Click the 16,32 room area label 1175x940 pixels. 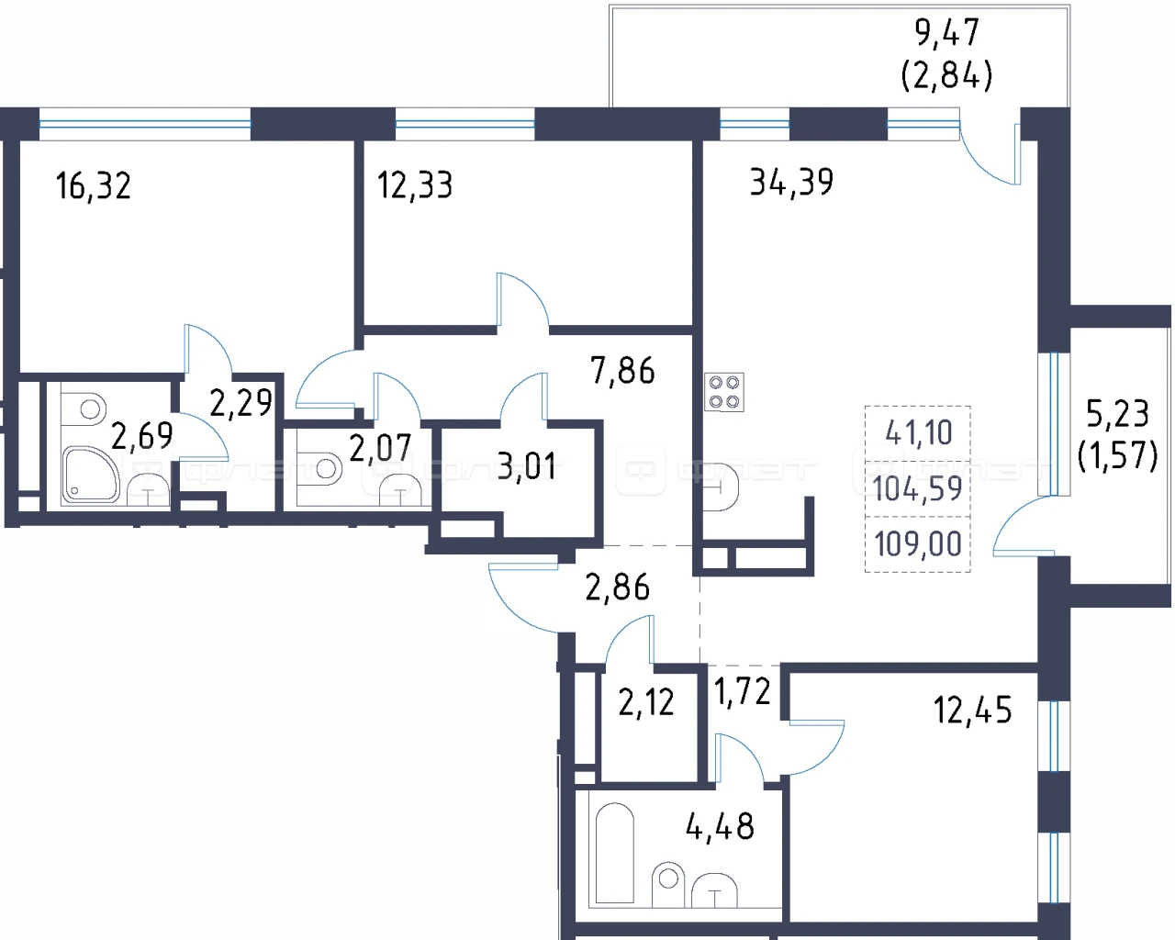point(94,185)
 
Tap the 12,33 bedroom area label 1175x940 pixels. point(415,185)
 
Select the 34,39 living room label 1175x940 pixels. point(791,182)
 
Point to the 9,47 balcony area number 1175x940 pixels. point(947,33)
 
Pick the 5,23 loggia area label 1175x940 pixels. point(1118,413)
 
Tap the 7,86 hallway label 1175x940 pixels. point(622,370)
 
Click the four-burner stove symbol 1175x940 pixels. point(724,392)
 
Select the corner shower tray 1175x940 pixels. point(90,474)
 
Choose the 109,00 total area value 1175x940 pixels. point(918,544)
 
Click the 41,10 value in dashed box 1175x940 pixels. point(918,432)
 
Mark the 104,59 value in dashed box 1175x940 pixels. point(917,488)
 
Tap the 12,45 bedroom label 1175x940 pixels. point(973,711)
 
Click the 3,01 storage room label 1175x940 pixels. point(526,466)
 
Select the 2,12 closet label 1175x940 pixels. point(646,702)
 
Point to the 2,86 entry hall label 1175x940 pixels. point(618,587)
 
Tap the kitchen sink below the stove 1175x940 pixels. point(721,487)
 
